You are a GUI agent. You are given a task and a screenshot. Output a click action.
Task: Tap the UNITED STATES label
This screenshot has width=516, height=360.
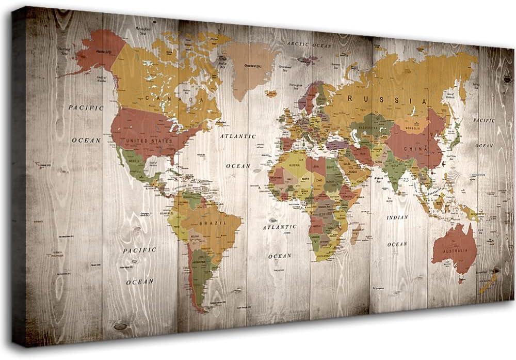[x=150, y=140]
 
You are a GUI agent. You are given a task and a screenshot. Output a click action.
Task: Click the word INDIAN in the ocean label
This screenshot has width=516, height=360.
[x=397, y=217]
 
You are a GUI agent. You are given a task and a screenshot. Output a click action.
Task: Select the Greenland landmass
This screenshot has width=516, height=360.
[x=247, y=67]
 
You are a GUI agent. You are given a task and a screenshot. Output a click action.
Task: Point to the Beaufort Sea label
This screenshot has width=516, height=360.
[x=143, y=30]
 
